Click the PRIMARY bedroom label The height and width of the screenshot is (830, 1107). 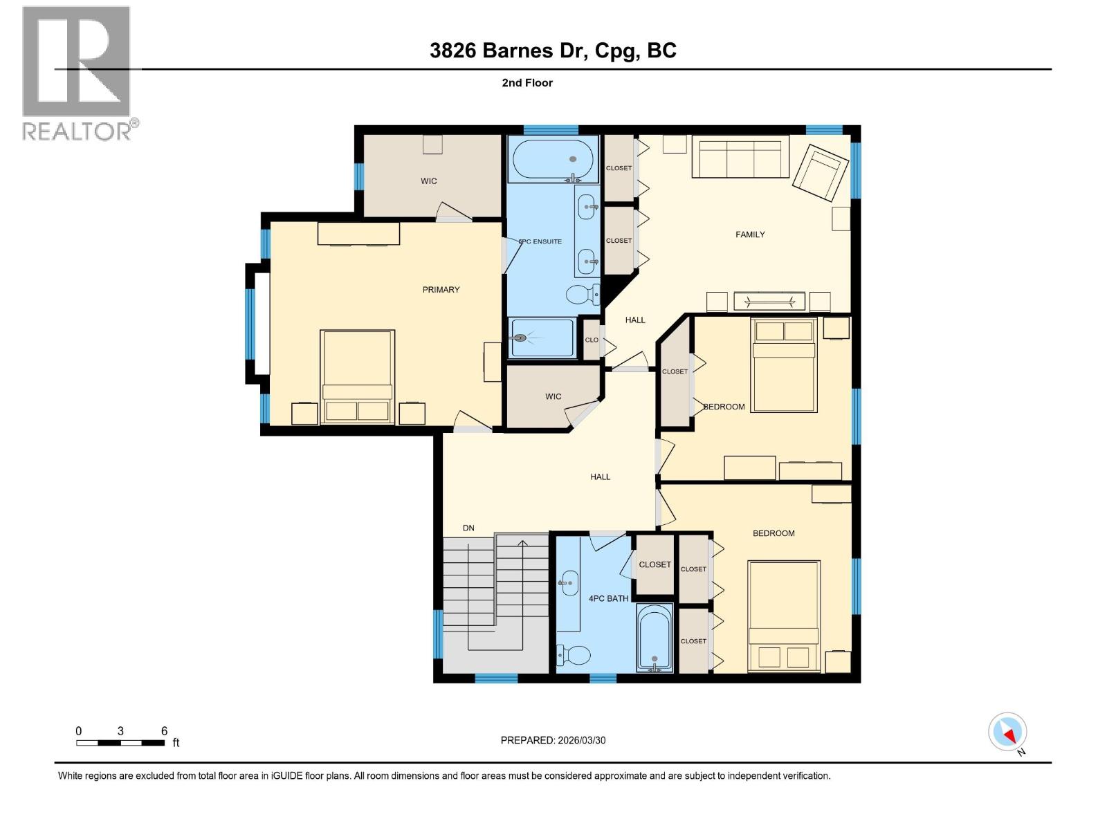click(441, 290)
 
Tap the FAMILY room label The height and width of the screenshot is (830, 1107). click(750, 234)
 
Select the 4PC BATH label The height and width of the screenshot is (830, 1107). click(608, 598)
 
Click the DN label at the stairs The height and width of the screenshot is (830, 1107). click(468, 528)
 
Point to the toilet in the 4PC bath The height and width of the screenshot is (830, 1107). click(574, 654)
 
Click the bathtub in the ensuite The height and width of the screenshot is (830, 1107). click(553, 160)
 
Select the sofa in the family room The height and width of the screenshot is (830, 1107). click(740, 157)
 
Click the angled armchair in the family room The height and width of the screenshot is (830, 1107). click(821, 172)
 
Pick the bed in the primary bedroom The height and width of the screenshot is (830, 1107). click(357, 376)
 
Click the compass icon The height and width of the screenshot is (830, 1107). click(1007, 732)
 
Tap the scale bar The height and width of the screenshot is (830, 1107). click(120, 743)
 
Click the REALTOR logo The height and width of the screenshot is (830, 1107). click(77, 73)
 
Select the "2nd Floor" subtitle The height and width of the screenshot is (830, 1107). click(527, 83)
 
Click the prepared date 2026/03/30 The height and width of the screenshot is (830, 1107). click(553, 740)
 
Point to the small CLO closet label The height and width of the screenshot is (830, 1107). click(592, 340)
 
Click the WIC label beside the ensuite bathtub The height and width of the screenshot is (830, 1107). click(428, 181)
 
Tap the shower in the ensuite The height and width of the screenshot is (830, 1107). click(542, 338)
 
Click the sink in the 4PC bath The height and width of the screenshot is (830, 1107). click(569, 582)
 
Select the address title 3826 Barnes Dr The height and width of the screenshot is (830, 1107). click(553, 50)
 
